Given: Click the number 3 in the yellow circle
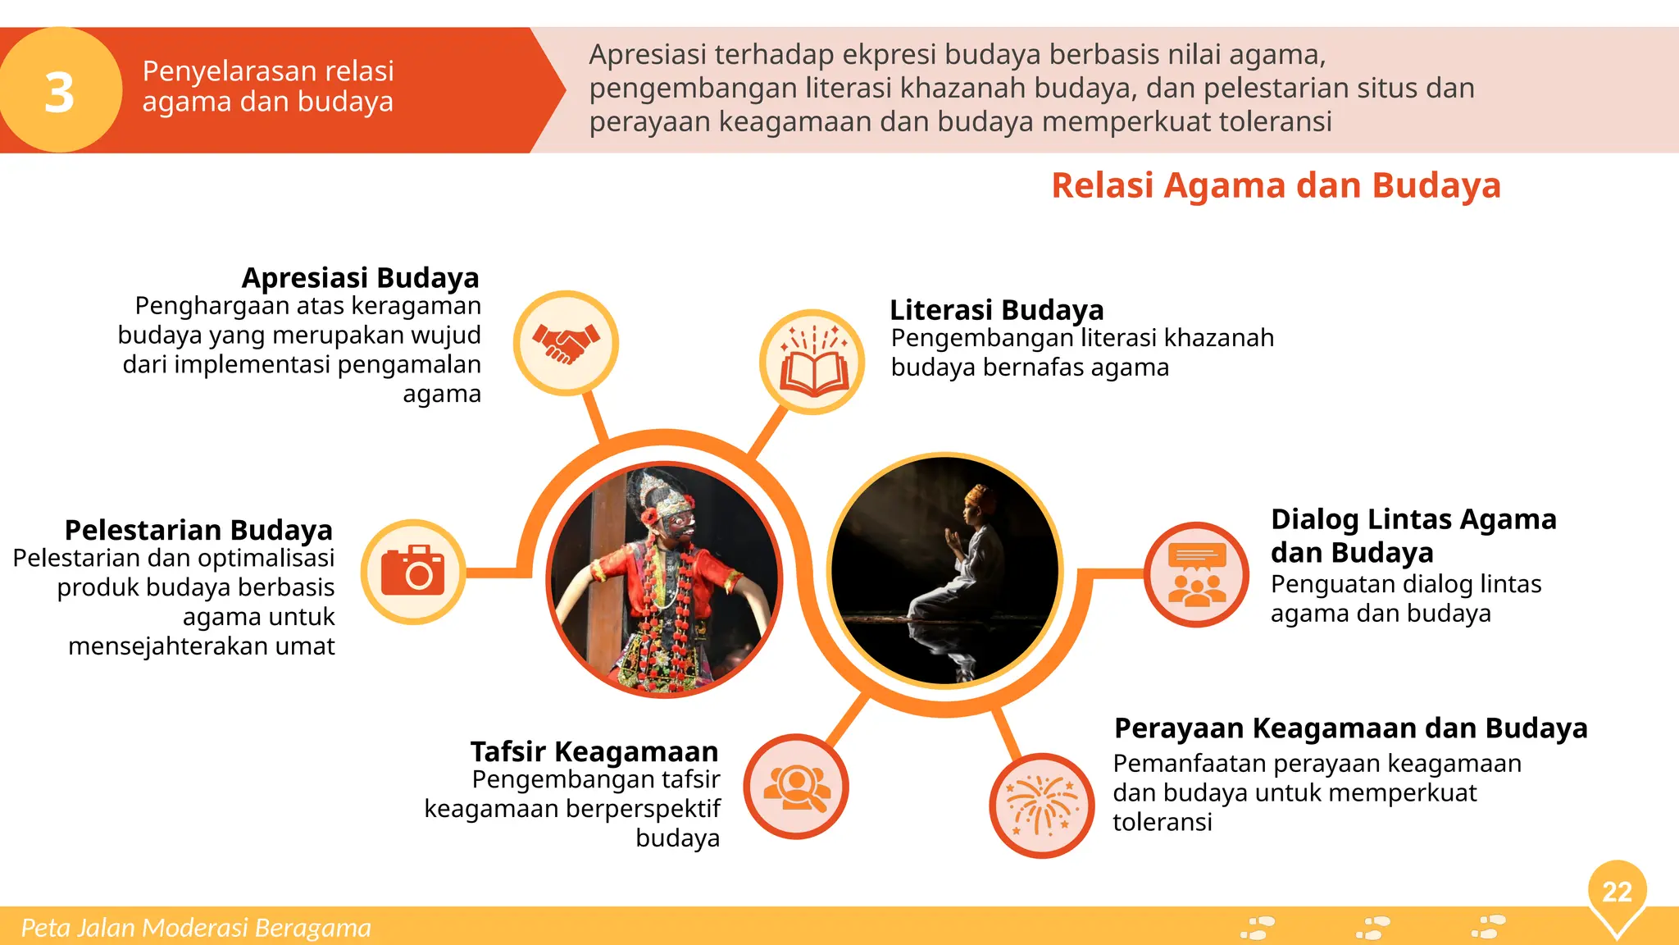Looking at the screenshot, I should pos(59,92).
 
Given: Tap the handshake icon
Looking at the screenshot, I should pos(566,343).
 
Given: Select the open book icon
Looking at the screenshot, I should pos(812,363).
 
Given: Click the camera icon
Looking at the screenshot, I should pos(413,571).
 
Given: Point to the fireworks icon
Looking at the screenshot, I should pos(1041,805).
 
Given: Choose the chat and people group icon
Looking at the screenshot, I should pos(1197,574).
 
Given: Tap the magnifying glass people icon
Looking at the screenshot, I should pos(796,787).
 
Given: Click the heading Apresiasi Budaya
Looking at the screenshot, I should pos(360,278).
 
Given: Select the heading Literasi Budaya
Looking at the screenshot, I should pos(996,310).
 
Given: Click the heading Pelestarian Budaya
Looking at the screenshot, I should pos(198,530).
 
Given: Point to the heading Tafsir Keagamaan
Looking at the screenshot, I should pos(594,751).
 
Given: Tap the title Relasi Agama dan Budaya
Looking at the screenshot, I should pos(1276,185).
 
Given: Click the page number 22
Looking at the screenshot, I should pos(1617,892).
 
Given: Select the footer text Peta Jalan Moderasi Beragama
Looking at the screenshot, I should pos(196,928).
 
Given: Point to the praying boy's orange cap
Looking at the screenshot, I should pos(978,495).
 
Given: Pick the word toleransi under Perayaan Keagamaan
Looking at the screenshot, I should pos(1162,822).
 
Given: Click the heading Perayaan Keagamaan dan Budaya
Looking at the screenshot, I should pos(1350,728).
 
